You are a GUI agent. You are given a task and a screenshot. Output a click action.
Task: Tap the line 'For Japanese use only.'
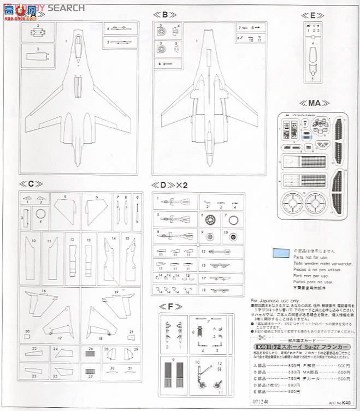click(x=275, y=301)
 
